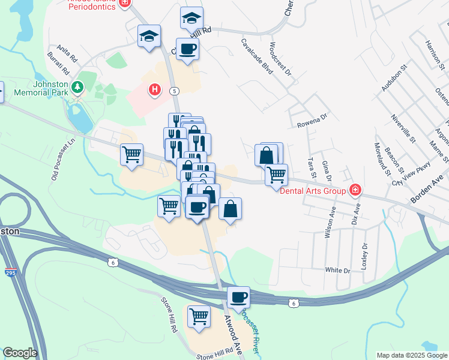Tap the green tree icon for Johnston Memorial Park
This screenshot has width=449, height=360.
77,88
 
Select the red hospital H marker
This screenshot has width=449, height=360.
155,91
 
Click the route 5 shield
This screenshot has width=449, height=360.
174,91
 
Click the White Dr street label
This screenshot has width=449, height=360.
337,270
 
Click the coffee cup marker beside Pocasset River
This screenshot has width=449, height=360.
239,298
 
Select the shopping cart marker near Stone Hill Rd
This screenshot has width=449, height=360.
199,316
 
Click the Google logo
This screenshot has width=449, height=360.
20,353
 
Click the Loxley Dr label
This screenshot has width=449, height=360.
364,255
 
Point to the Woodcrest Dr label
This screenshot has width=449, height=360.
280,58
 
